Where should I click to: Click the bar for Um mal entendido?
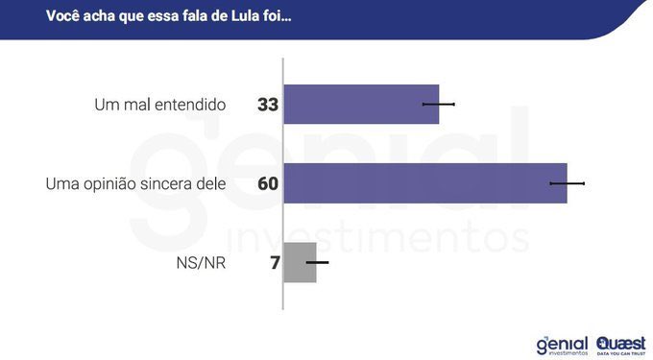pos(361,104)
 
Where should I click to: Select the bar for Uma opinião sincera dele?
pos(425,182)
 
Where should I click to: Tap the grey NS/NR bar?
pos(301,262)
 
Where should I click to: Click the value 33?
pos(268,105)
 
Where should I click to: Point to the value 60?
pos(268,183)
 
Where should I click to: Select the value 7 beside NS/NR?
pos(275,262)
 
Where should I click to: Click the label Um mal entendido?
pos(160,105)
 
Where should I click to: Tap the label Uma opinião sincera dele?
pos(135,183)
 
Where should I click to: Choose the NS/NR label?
pos(202,262)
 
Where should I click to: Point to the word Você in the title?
pos(64,15)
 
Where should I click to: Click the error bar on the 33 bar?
pos(439,104)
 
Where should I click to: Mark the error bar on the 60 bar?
pos(567,182)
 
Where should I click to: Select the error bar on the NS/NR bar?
pos(317,262)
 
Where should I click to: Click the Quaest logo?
pos(620,344)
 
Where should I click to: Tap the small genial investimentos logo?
pos(562,345)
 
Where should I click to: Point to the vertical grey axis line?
pos(282,192)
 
